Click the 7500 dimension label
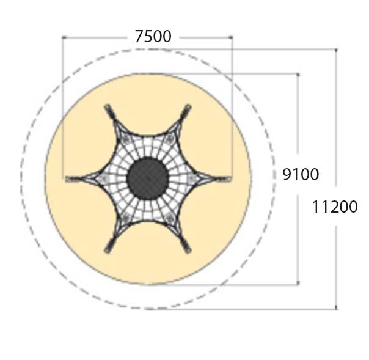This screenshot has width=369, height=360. point(153,37)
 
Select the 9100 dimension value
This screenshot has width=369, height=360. point(301,174)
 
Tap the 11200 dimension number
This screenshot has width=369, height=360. point(335,207)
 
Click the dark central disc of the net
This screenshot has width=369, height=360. point(148,178)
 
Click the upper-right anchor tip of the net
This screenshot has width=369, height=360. point(189,106)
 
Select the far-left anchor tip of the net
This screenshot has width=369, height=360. point(66,179)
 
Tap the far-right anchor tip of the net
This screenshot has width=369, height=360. point(230,179)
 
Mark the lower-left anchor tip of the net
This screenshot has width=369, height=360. point(106,251)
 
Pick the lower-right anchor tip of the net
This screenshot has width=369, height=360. point(189,251)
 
